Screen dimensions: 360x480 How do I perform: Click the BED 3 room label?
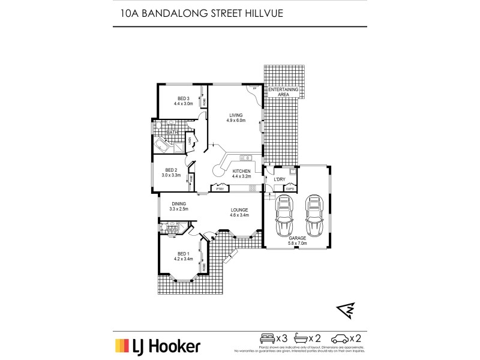pyautogui.click(x=183, y=98)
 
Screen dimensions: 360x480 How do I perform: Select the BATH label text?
pyautogui.click(x=173, y=132)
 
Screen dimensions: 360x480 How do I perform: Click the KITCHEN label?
pyautogui.click(x=241, y=171)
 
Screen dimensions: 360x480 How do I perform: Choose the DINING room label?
pyautogui.click(x=179, y=203)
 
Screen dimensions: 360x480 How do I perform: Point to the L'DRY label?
pyautogui.click(x=279, y=179)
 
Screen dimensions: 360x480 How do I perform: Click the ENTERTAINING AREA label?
pyautogui.click(x=283, y=92)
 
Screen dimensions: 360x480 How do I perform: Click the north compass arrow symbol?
pyautogui.click(x=344, y=310)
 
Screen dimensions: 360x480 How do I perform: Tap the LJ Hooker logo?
pyautogui.click(x=157, y=346)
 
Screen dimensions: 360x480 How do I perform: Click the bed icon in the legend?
pyautogui.click(x=266, y=338)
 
